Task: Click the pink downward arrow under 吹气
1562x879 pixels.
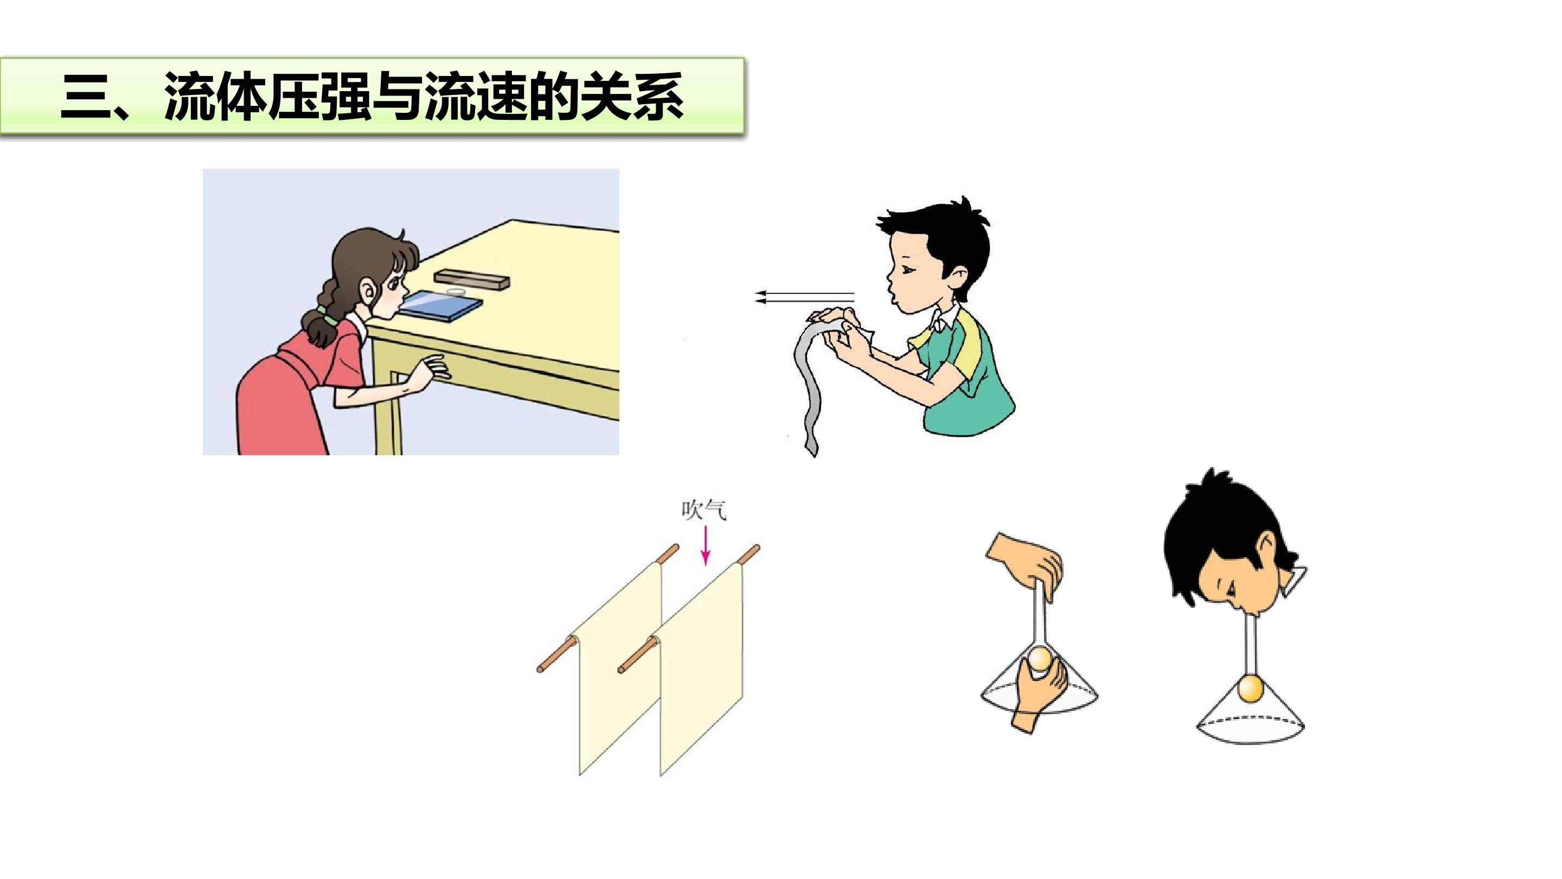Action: [x=705, y=546]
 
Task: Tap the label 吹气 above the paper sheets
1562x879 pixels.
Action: [x=703, y=511]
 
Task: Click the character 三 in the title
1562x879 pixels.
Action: [x=86, y=97]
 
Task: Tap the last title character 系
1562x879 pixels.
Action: [x=658, y=97]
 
